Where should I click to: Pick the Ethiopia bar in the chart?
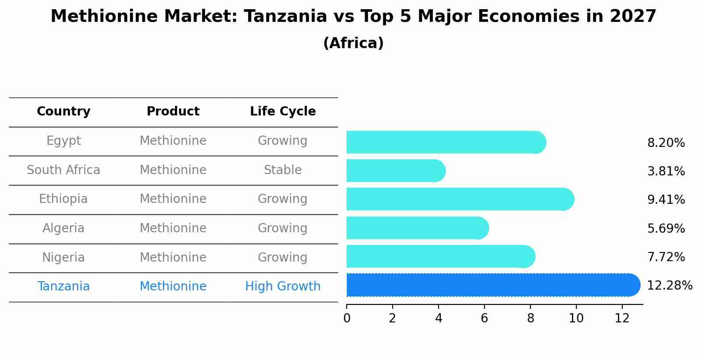460,199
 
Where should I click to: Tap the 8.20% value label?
666,143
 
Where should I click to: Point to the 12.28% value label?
669,286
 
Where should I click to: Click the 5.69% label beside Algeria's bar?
666,229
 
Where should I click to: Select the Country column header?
63,112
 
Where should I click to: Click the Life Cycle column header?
283,112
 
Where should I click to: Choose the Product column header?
173,112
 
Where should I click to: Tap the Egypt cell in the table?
63,141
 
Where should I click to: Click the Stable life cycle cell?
283,170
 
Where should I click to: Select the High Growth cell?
283,287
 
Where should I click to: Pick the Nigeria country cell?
63,258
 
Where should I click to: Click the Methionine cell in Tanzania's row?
173,287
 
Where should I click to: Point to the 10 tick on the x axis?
576,318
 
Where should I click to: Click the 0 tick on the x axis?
347,318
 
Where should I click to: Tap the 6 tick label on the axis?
484,318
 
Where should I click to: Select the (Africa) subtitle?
353,43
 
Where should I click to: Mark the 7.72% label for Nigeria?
666,257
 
